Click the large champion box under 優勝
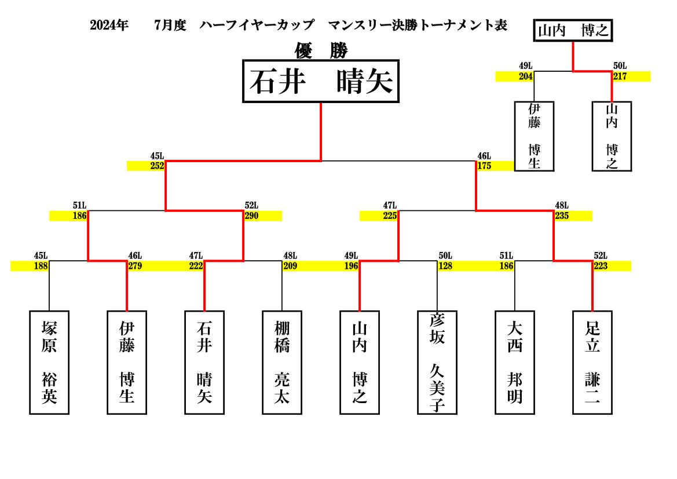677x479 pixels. point(321,81)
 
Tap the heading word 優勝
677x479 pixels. point(321,50)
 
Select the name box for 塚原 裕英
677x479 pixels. point(49,363)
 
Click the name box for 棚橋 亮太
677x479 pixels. point(282,363)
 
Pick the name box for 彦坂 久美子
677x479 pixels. point(437,363)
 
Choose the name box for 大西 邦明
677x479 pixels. point(515,363)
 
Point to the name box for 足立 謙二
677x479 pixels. point(592,363)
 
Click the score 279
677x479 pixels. point(135,266)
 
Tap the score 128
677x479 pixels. point(445,266)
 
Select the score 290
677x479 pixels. point(252,216)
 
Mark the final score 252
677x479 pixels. point(157,166)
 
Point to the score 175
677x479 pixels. point(484,166)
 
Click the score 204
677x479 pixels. point(526,76)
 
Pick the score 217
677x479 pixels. point(620,76)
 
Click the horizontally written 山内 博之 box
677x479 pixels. point(573,30)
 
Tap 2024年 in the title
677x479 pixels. point(109,25)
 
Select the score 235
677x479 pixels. point(562,216)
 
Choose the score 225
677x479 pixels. point(390,216)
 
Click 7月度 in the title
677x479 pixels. point(170,25)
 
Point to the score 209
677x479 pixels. point(290,266)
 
